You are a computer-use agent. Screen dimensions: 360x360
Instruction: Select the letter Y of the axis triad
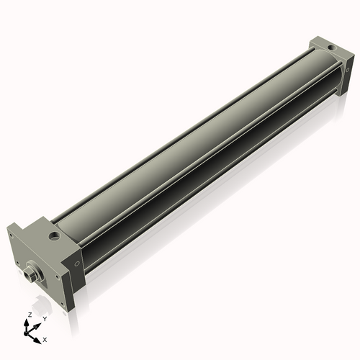pyautogui.click(x=44, y=318)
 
